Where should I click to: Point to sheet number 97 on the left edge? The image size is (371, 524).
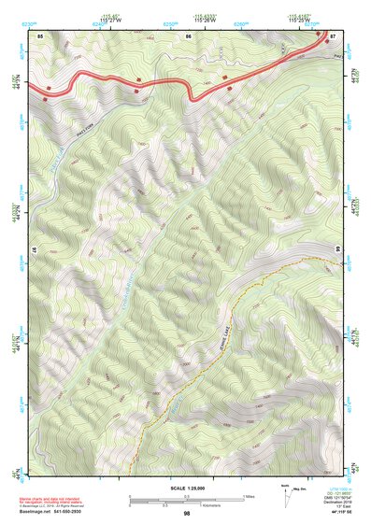pyautogui.click(x=32, y=252)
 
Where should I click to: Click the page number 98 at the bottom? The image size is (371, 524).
pyautogui.click(x=187, y=514)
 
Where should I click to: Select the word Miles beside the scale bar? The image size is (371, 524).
pyautogui.click(x=248, y=495)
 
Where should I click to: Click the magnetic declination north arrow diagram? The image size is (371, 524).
pyautogui.click(x=285, y=494)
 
